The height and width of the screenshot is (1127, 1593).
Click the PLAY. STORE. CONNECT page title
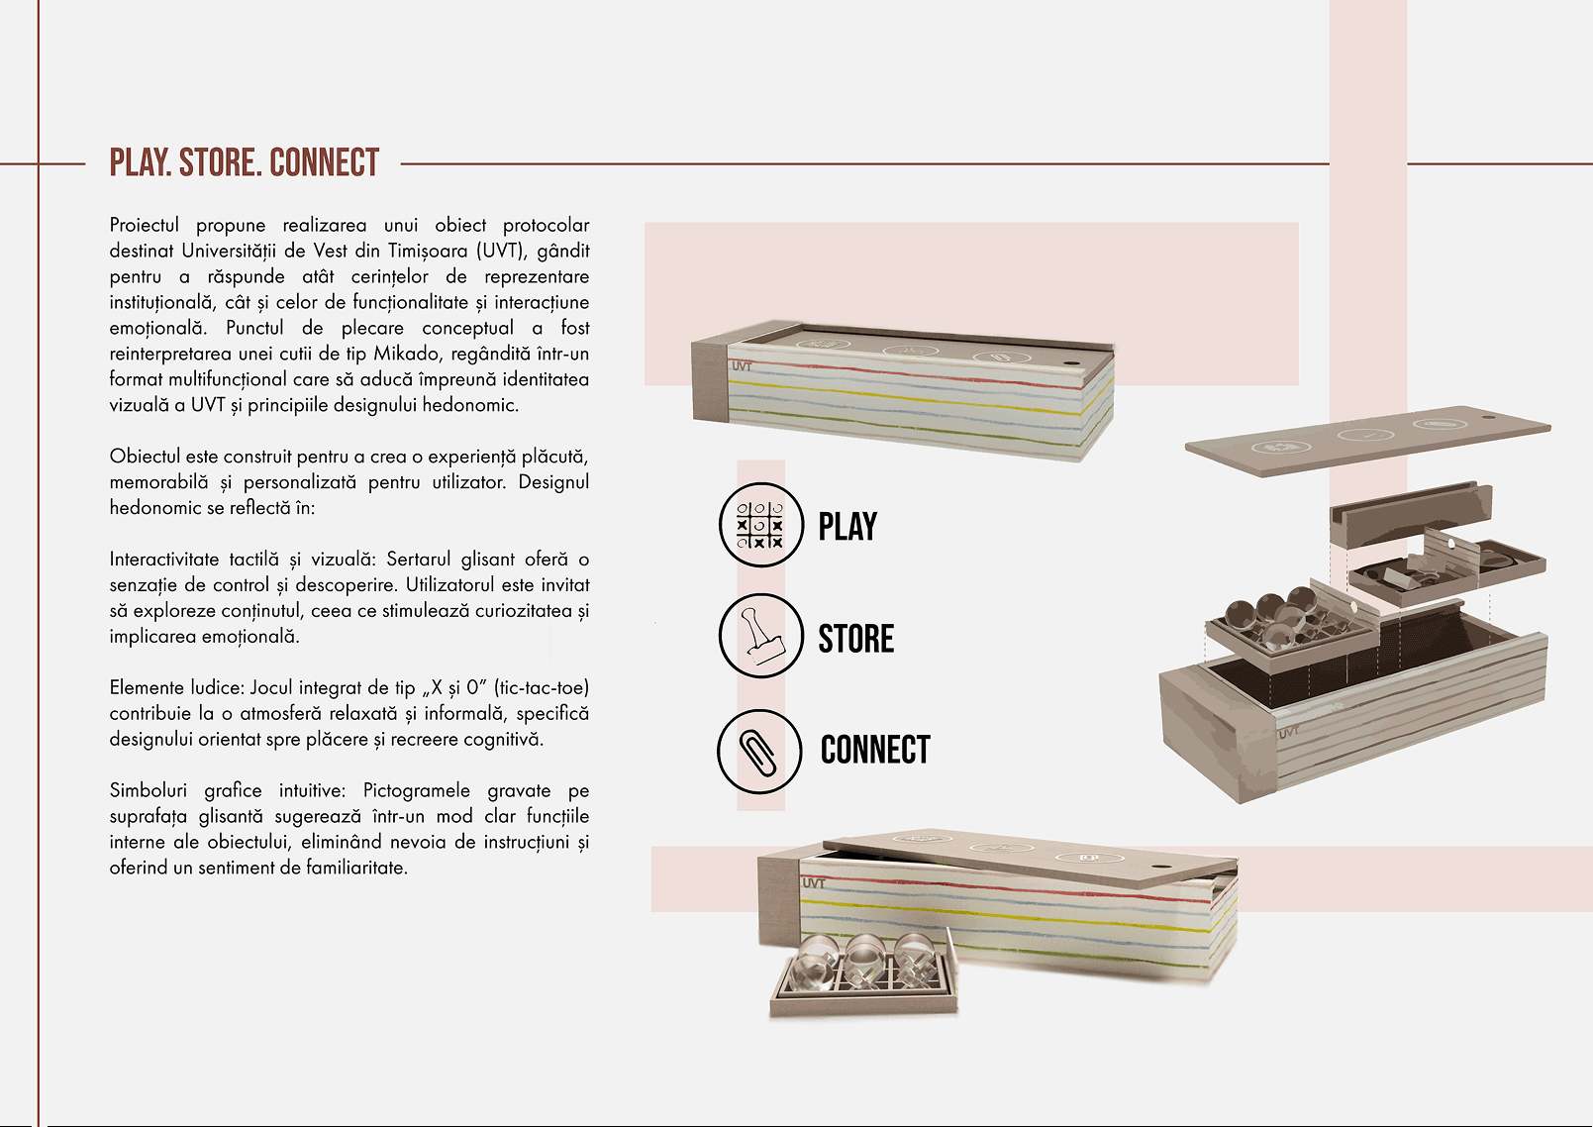[x=244, y=163]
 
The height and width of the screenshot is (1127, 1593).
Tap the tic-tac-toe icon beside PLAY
[x=761, y=525]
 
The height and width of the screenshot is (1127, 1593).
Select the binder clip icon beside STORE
[x=761, y=636]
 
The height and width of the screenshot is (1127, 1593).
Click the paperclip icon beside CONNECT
[x=759, y=752]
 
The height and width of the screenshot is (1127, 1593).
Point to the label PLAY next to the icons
[x=847, y=527]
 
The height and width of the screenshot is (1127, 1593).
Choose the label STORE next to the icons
[x=856, y=638]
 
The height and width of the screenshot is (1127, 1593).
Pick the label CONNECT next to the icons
[x=875, y=750]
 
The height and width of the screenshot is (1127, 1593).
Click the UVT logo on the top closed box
[x=742, y=367]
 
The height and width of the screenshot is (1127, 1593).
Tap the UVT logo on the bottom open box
[x=814, y=883]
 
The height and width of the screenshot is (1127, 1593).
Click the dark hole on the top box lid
[x=1071, y=362]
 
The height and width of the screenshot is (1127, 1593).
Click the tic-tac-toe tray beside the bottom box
[x=864, y=978]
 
